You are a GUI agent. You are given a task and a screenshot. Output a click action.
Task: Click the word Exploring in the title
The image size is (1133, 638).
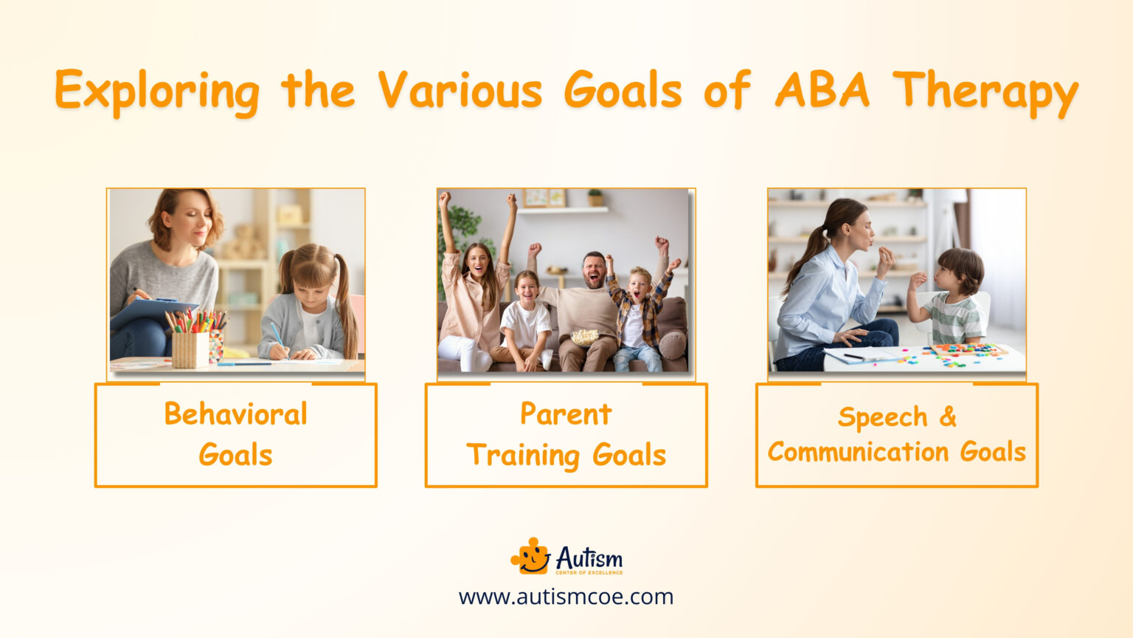(x=156, y=92)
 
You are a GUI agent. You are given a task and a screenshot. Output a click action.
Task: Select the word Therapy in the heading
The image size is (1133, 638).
(x=985, y=92)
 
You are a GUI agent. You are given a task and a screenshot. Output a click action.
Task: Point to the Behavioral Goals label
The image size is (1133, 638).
(x=235, y=434)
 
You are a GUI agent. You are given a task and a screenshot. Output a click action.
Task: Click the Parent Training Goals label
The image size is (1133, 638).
(x=566, y=434)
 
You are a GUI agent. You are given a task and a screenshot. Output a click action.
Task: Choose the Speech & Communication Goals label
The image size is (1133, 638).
(x=896, y=434)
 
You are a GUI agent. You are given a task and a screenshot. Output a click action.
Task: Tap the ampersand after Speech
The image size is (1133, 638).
(x=948, y=416)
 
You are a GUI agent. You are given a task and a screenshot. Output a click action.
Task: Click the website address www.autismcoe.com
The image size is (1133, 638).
(x=566, y=597)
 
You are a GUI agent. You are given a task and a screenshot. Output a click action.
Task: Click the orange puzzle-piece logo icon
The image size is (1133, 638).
(x=530, y=556)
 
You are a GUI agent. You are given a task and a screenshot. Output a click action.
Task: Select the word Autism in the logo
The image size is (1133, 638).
(x=589, y=558)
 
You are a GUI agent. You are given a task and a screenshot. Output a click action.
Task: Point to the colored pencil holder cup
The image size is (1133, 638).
(x=190, y=347)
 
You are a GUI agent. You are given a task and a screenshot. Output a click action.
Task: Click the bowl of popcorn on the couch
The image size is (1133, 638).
(x=584, y=337)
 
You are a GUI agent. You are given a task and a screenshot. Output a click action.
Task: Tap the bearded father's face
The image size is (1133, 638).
(x=594, y=270)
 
